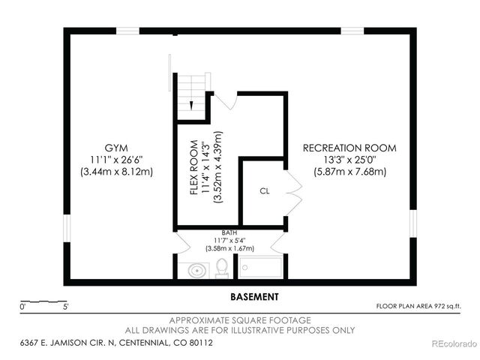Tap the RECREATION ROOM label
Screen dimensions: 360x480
pos(349,148)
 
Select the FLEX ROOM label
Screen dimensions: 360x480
pos(193,168)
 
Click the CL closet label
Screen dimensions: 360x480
pos(265,191)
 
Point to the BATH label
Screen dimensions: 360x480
pos(229,232)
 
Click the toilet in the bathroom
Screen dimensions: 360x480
pos(222,267)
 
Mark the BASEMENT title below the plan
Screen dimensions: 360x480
pos(254,296)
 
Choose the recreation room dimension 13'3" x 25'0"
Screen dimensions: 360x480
pos(349,160)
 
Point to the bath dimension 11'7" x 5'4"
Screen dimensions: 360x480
pos(229,240)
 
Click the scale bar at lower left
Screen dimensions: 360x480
pos(44,301)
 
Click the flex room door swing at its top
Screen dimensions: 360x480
pos(226,100)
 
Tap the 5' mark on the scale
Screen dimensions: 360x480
pos(66,307)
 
